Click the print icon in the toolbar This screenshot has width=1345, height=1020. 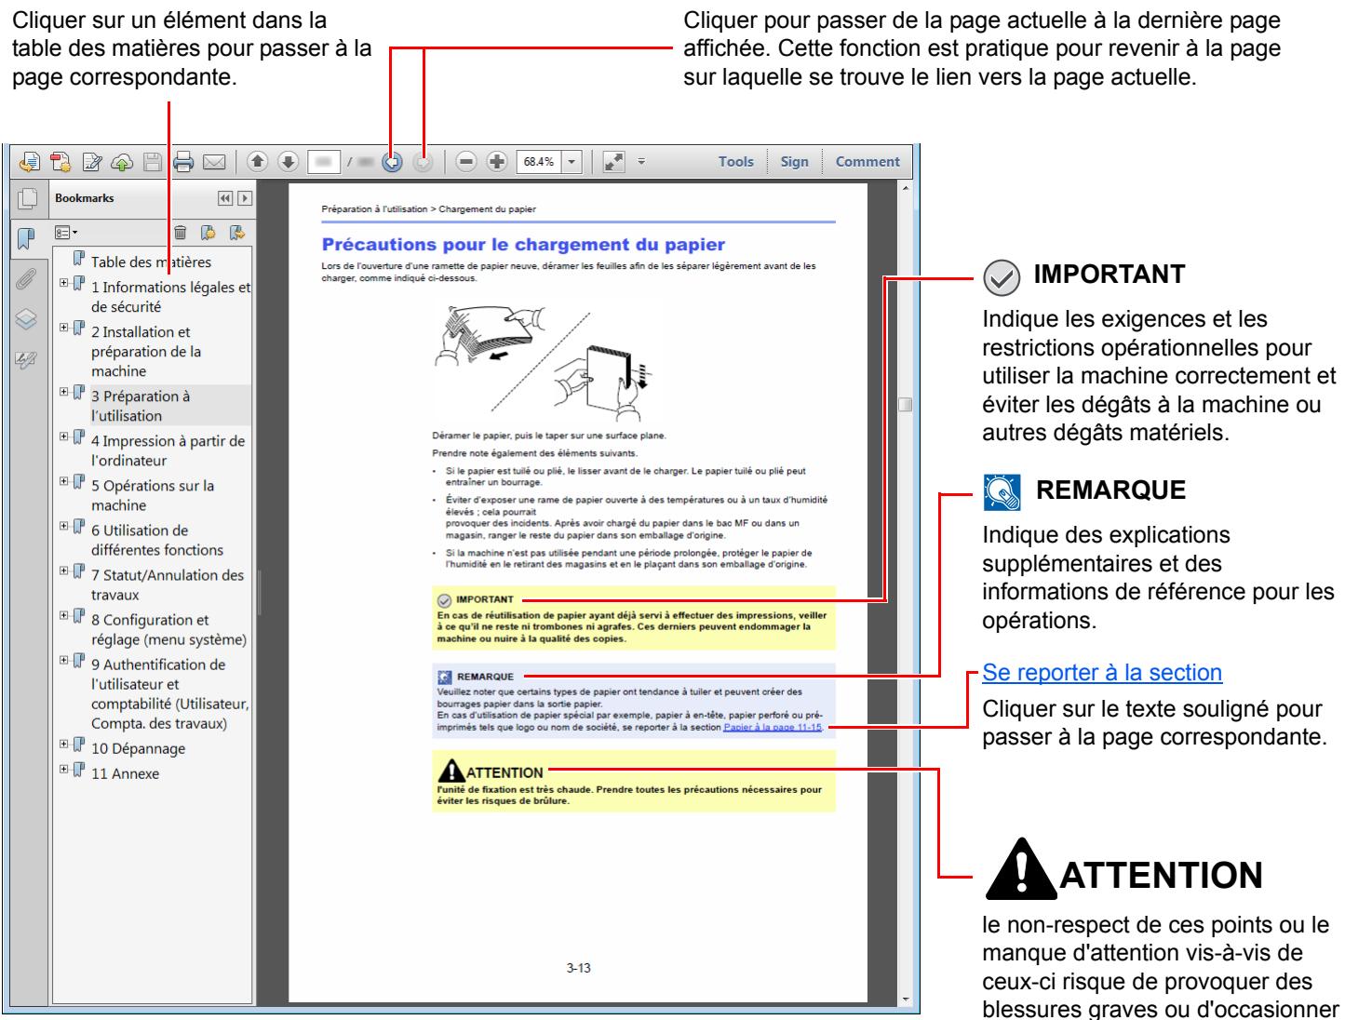point(183,162)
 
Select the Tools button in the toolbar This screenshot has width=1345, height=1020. point(735,162)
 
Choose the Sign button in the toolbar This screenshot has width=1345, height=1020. point(794,162)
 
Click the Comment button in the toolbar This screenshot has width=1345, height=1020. point(867,162)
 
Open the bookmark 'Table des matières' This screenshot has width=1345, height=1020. point(151,262)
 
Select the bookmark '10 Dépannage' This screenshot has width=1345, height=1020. point(138,748)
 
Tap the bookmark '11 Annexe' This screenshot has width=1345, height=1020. point(125,773)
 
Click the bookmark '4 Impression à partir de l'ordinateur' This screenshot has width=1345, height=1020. point(168,450)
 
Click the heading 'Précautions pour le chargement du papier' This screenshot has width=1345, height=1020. point(523,246)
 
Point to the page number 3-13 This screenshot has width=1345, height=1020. point(578,968)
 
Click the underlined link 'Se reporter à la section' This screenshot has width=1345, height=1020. point(1102,672)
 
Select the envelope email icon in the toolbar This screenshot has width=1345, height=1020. point(213,162)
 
